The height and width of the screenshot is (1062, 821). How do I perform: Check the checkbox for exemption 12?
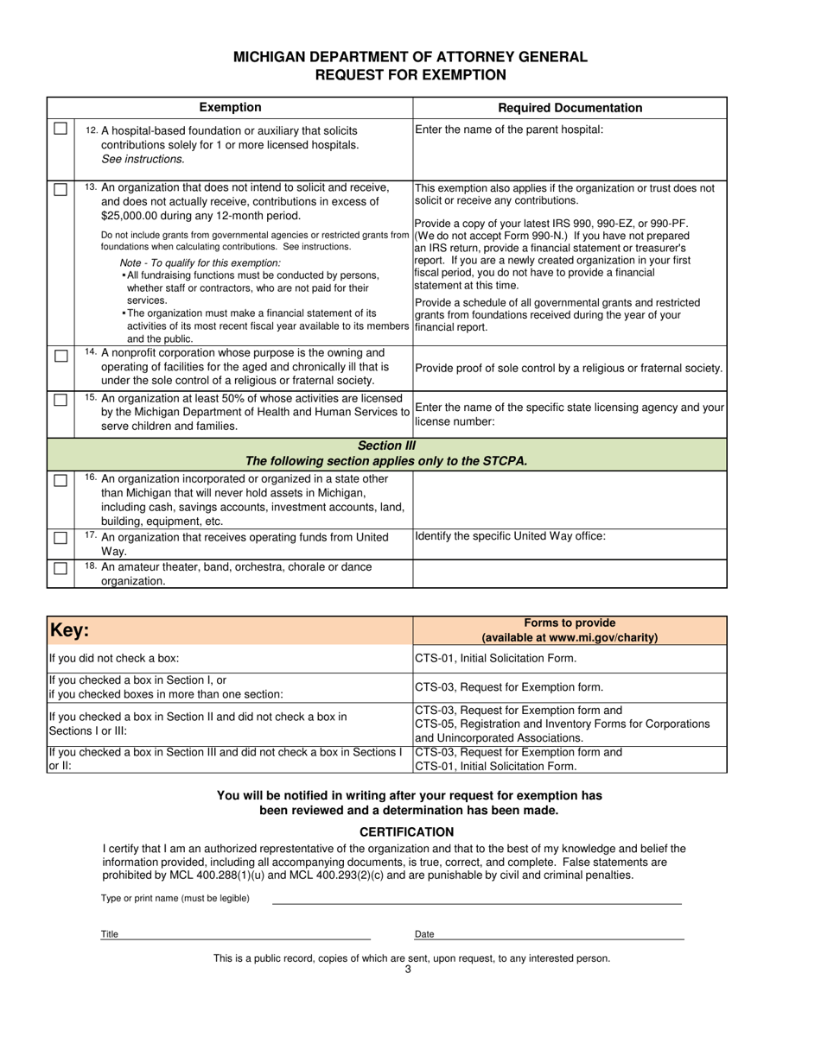[x=60, y=129]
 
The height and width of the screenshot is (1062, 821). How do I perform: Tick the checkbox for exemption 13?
[x=60, y=189]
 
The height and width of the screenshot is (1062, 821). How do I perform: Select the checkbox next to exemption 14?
[x=60, y=356]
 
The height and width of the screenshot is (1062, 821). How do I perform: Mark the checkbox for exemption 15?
[x=60, y=400]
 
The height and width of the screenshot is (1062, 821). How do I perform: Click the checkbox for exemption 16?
[x=60, y=480]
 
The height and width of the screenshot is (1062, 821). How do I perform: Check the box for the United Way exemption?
[x=60, y=538]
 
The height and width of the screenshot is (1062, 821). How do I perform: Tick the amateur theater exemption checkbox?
[x=60, y=568]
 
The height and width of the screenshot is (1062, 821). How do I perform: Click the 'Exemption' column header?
[x=230, y=108]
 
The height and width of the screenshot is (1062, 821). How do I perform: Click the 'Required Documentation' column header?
[x=570, y=108]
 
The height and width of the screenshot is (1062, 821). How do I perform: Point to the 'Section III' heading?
[x=386, y=446]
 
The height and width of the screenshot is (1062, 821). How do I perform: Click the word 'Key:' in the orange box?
[x=69, y=630]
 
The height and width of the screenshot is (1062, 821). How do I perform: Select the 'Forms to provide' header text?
[x=570, y=623]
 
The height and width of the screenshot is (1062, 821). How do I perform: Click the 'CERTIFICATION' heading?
[x=406, y=832]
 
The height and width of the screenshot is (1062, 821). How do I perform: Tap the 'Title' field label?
[x=110, y=934]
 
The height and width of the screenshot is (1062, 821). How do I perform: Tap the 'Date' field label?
[x=424, y=934]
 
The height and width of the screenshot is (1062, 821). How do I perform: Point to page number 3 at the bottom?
[x=408, y=970]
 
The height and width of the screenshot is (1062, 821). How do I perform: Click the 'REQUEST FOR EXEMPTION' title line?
[x=410, y=75]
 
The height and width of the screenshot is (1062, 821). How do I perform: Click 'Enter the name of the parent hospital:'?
[x=509, y=130]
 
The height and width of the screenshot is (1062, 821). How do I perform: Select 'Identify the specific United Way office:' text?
[x=510, y=536]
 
